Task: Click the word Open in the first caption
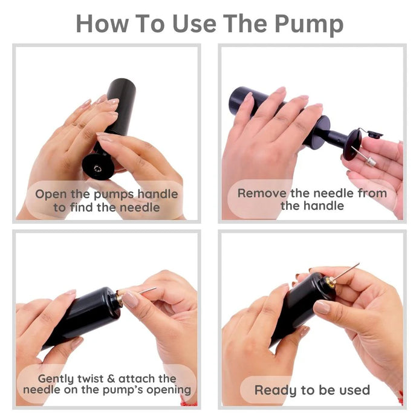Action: pyautogui.click(x=51, y=194)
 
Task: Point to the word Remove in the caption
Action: pyautogui.click(x=262, y=193)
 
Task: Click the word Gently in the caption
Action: pyautogui.click(x=56, y=379)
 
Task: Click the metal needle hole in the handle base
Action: pyautogui.click(x=97, y=169)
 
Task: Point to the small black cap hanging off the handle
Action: pyautogui.click(x=375, y=134)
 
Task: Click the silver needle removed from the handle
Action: pyautogui.click(x=364, y=156)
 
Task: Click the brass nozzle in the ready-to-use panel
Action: pyautogui.click(x=330, y=282)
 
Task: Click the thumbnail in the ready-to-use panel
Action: pyautogui.click(x=322, y=307)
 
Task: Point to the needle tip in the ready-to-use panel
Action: pyautogui.click(x=359, y=264)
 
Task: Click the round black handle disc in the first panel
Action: pyautogui.click(x=98, y=167)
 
